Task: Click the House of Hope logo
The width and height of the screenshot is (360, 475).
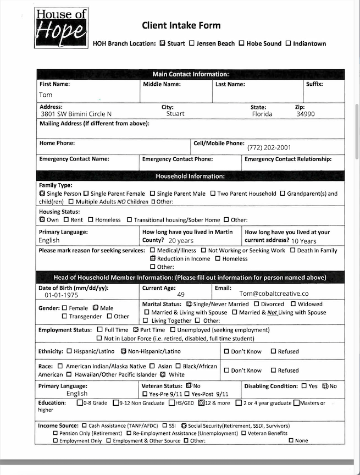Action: click(x=62, y=27)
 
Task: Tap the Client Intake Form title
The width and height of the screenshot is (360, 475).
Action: click(x=181, y=25)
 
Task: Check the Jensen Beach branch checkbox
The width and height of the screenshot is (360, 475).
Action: click(x=191, y=43)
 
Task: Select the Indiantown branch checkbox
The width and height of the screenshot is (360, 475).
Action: click(x=288, y=43)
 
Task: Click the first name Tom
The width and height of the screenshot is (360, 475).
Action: click(x=46, y=95)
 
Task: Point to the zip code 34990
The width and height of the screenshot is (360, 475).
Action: click(x=305, y=114)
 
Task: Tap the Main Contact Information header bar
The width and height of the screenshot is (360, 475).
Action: click(x=190, y=74)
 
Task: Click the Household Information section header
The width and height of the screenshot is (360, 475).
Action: click(x=190, y=176)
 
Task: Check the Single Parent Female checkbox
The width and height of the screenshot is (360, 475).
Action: click(x=86, y=194)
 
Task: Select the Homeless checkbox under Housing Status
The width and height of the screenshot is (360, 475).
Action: click(x=91, y=220)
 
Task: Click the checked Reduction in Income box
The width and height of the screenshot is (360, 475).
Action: click(x=153, y=258)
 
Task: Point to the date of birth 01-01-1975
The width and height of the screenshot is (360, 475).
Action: click(x=62, y=295)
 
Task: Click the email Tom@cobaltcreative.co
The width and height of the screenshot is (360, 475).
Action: click(x=274, y=294)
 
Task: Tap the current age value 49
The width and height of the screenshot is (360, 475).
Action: click(x=180, y=295)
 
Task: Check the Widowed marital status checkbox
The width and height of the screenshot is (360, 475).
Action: click(x=293, y=304)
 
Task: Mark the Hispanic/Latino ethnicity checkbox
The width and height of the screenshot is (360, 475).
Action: click(x=69, y=351)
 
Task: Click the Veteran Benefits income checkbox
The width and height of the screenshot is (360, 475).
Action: click(x=243, y=433)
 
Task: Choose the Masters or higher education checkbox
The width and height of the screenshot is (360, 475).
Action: click(x=296, y=403)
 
